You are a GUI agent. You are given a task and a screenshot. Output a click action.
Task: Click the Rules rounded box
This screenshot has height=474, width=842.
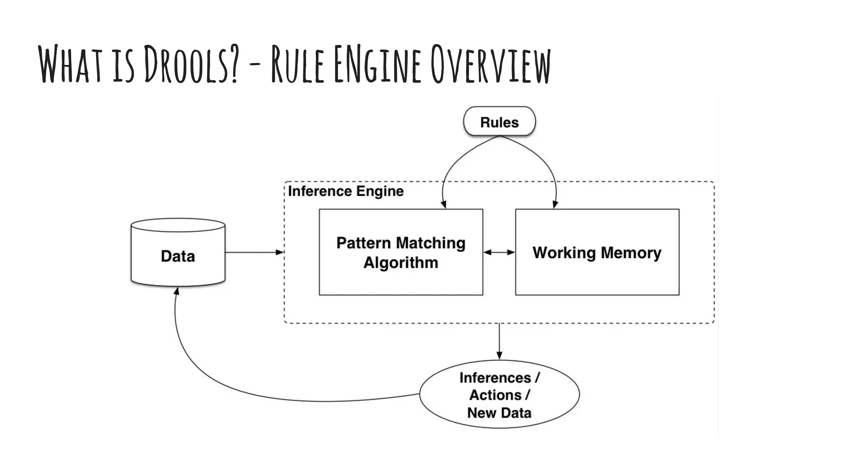pyautogui.click(x=499, y=122)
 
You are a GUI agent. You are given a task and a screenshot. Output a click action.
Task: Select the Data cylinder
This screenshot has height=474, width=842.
pyautogui.click(x=178, y=256)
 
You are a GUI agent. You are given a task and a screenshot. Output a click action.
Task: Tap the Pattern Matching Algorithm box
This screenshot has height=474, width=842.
pyautogui.click(x=401, y=252)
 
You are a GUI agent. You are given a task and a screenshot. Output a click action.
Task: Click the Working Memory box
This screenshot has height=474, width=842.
pyautogui.click(x=597, y=252)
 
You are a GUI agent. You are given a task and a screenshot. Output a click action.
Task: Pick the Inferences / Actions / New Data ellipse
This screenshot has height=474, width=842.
pyautogui.click(x=499, y=395)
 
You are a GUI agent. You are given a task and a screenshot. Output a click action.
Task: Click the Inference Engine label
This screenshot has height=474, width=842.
pyautogui.click(x=346, y=191)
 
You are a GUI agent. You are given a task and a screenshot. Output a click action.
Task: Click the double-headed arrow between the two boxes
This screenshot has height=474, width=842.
pyautogui.click(x=499, y=252)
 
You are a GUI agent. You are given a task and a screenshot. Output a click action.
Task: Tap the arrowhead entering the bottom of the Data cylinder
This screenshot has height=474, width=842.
pyautogui.click(x=177, y=291)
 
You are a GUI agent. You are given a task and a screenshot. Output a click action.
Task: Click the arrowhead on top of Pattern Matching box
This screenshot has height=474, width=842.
pyautogui.click(x=444, y=204)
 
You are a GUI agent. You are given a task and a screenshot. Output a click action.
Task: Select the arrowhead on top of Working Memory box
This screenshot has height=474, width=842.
pyautogui.click(x=555, y=204)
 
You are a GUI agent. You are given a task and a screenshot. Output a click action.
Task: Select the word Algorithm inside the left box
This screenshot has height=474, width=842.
pyautogui.click(x=401, y=263)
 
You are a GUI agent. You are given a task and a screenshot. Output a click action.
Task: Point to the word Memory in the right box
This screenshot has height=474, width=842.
pyautogui.click(x=629, y=253)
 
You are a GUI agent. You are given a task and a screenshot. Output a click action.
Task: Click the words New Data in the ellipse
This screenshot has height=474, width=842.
pyautogui.click(x=499, y=413)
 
